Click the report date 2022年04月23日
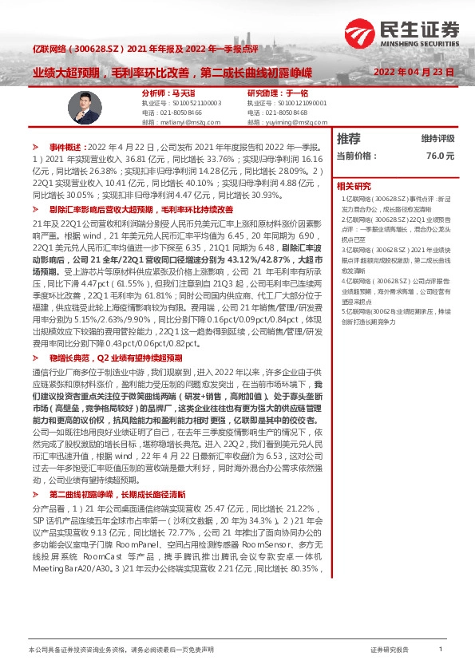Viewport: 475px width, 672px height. tap(415, 72)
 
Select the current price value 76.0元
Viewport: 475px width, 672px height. tap(440, 156)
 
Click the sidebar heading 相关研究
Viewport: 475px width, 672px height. tap(354, 185)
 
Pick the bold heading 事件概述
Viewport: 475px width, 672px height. tap(67, 148)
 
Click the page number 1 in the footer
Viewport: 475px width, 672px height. tap(441, 650)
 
